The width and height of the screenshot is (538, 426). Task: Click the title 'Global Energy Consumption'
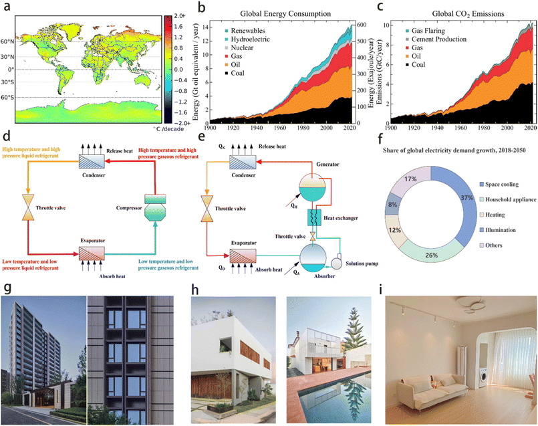tap(283, 14)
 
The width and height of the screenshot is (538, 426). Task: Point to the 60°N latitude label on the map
tap(9, 41)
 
